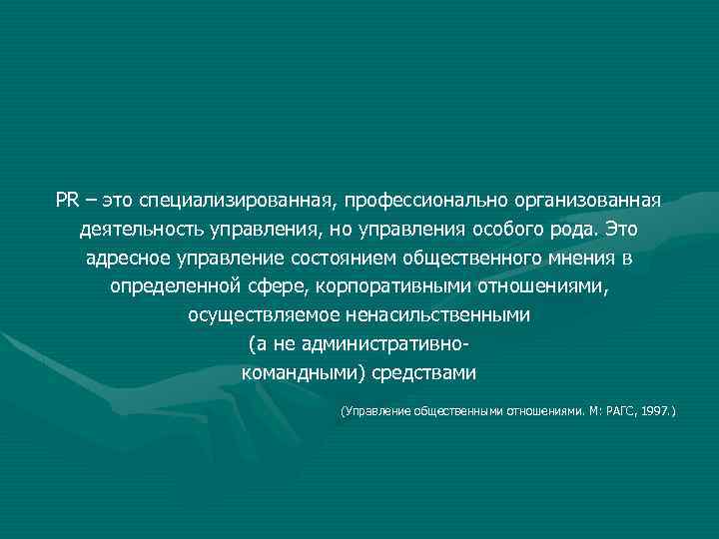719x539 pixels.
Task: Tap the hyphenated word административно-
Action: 384,344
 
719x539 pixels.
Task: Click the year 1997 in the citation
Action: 657,410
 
